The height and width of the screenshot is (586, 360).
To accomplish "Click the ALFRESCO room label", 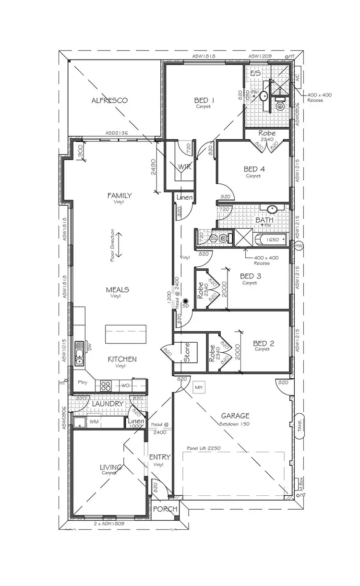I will point(109,100).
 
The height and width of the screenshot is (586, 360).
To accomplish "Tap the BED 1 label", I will point(204,100).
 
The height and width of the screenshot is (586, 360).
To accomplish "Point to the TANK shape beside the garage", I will point(300,424).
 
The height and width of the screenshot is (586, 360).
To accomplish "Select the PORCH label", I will point(165,509).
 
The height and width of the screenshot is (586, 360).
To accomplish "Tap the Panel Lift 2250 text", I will point(207,448).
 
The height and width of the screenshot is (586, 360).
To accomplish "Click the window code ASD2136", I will point(116,133).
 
